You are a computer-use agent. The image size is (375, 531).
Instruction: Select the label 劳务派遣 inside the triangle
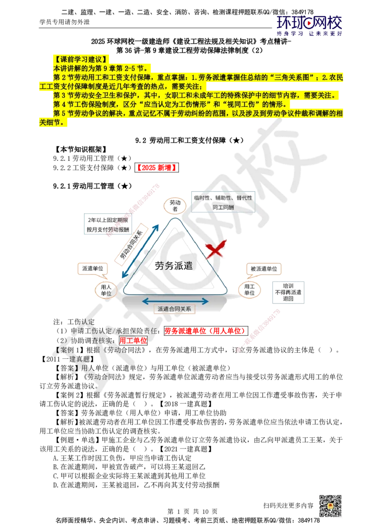pyautogui.click(x=173, y=265)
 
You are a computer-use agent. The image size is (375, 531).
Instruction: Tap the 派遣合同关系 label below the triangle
pyautogui.click(x=175, y=309)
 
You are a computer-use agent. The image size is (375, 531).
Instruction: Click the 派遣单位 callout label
pyautogui.click(x=92, y=268)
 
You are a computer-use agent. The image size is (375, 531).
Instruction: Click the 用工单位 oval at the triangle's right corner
pyautogui.click(x=248, y=289)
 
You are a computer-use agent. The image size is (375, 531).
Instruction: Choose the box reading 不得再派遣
pyautogui.click(x=288, y=291)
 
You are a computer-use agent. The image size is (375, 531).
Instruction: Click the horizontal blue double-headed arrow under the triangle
pyautogui.click(x=175, y=301)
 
